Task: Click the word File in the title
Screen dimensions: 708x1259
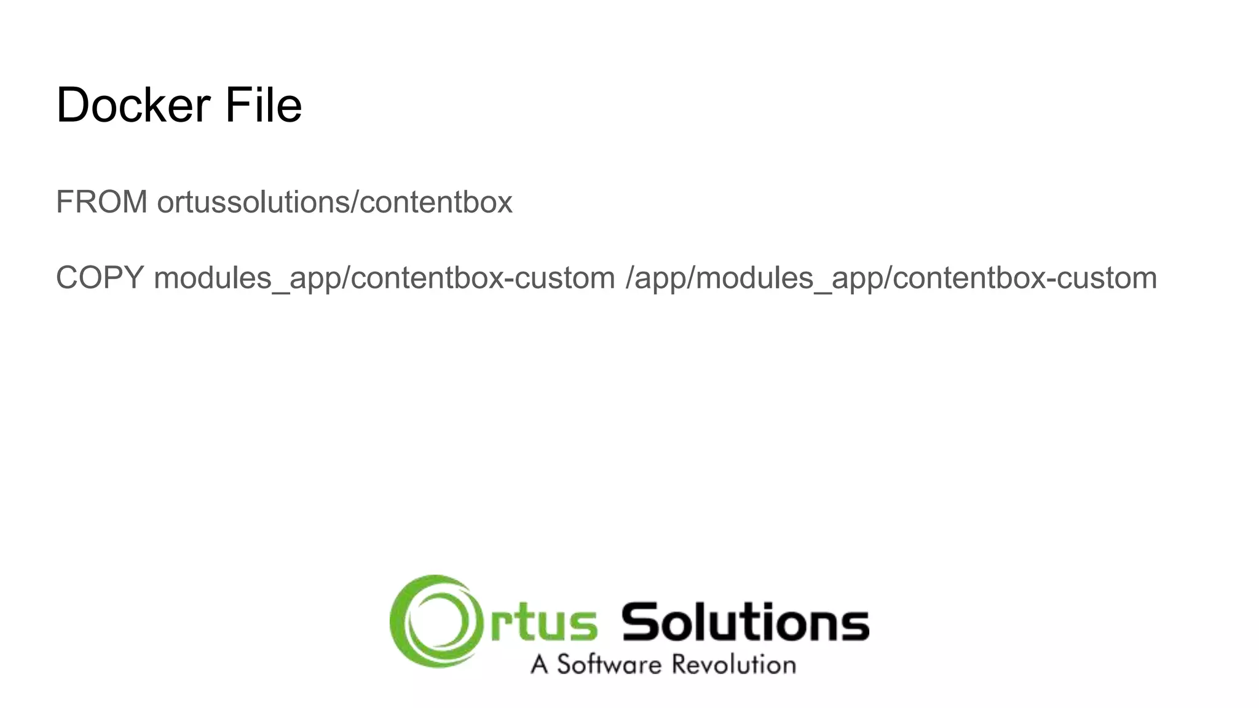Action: pos(263,105)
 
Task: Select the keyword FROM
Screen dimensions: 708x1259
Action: pos(101,202)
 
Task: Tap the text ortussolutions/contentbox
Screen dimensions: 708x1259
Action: pos(334,202)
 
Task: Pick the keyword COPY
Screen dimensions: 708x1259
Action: pos(100,278)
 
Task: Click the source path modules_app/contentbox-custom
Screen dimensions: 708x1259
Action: pos(384,278)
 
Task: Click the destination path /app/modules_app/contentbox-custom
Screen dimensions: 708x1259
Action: pos(891,278)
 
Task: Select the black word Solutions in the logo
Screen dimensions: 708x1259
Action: pos(745,622)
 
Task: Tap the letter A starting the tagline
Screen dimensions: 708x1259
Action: pos(539,665)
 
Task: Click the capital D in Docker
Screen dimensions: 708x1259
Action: pos(73,105)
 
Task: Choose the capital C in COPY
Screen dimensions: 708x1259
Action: pos(67,278)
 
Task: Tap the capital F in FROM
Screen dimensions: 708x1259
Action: pos(64,202)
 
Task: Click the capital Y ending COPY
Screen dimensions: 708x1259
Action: pos(134,278)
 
